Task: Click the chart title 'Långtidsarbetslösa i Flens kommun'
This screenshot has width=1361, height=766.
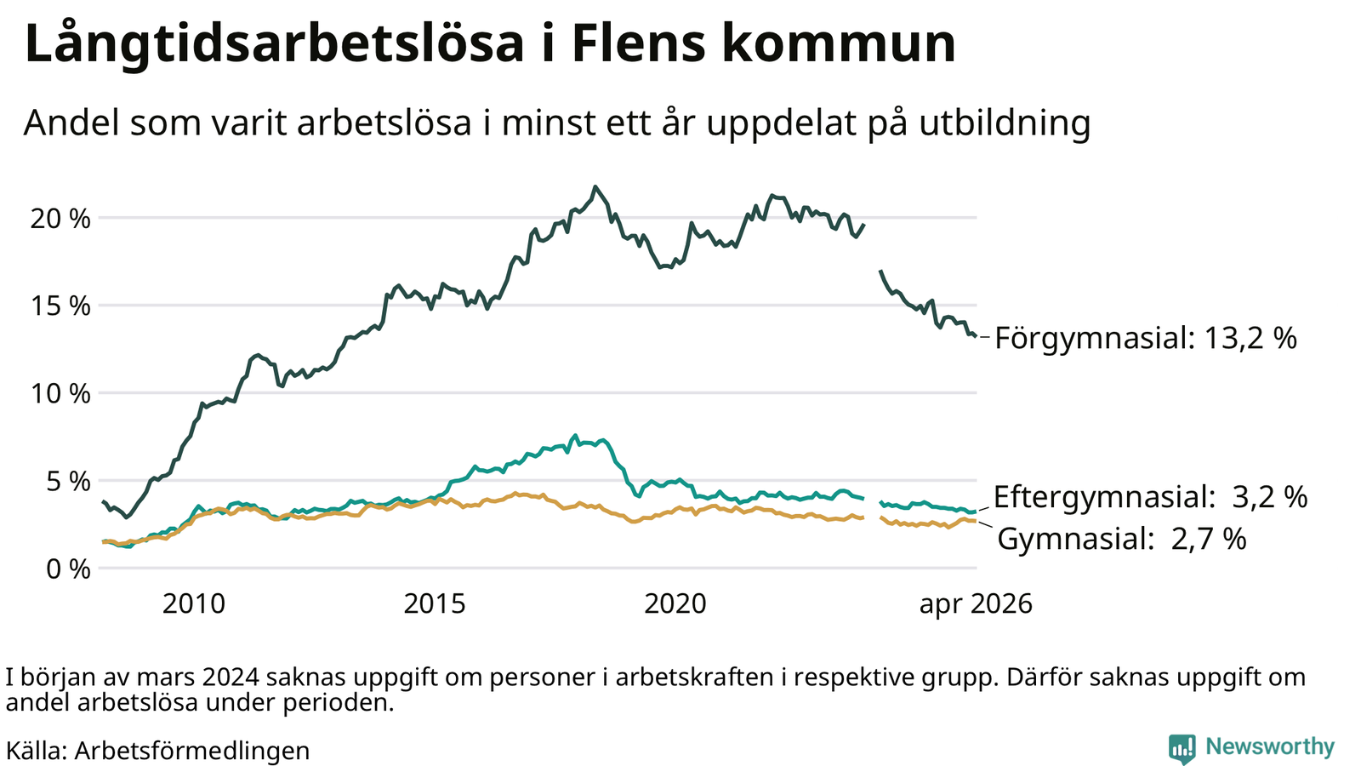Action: click(490, 43)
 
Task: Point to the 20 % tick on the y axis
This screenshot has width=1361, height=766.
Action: click(60, 219)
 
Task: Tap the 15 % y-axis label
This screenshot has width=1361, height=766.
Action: click(60, 306)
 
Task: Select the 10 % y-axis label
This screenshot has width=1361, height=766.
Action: click(60, 394)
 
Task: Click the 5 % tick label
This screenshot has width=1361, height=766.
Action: click(69, 482)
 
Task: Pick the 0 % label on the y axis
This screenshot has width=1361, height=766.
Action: click(69, 569)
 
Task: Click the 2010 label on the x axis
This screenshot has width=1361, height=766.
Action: click(194, 604)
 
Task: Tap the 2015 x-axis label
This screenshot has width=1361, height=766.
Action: click(435, 604)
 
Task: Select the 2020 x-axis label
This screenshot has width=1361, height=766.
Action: click(675, 604)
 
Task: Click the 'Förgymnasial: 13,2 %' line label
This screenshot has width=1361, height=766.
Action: click(1146, 338)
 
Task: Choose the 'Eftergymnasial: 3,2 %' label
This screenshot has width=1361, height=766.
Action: click(1151, 497)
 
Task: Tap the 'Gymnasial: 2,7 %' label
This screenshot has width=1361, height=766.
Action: click(1122, 539)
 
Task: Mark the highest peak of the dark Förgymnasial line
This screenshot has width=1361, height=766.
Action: click(595, 186)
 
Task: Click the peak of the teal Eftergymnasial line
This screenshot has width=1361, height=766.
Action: click(575, 436)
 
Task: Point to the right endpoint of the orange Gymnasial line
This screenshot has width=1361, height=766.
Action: click(975, 521)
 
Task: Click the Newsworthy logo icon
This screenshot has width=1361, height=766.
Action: click(1182, 748)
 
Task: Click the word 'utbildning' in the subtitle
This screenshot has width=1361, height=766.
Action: click(1005, 123)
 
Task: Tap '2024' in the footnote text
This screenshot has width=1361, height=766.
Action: click(231, 677)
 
